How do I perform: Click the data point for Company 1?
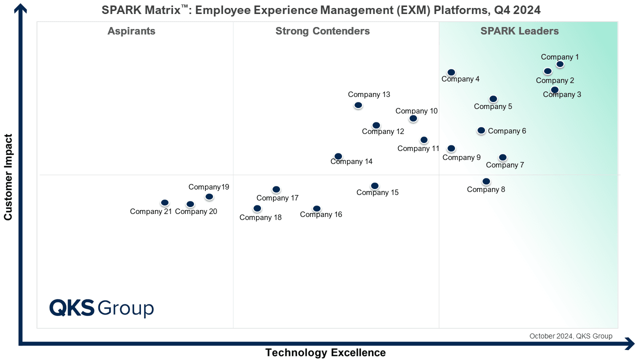coord(559,64)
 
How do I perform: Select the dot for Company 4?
coord(451,72)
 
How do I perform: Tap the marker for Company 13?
coord(358,105)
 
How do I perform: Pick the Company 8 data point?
coord(486,181)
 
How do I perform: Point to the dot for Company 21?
coord(164,202)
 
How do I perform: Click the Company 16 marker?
coord(316,208)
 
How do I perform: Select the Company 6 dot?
coord(481,130)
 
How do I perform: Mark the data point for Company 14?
coord(338,156)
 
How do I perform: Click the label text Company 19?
coord(209,187)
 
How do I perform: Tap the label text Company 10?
coord(416,111)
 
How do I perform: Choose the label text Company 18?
coord(260,217)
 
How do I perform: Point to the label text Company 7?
coord(505,165)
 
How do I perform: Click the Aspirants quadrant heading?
coord(131,31)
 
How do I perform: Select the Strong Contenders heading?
coord(322,31)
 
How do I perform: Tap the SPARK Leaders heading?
coord(519,31)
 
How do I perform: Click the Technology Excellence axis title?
coord(325,352)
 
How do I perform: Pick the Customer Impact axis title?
coord(8,177)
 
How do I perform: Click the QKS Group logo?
coord(101,308)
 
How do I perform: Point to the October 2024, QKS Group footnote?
coord(571,336)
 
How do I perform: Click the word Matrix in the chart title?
coord(163,10)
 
